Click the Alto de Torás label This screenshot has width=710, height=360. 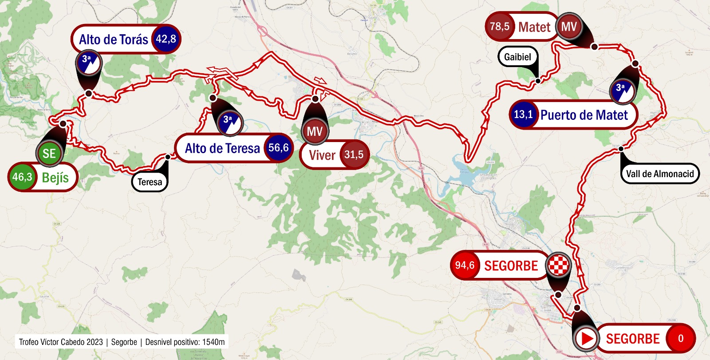[114, 40]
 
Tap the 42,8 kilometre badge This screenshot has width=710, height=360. [166, 39]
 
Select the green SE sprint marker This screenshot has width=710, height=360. [49, 153]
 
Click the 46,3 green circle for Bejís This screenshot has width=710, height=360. [22, 177]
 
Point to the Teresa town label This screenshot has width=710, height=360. [150, 182]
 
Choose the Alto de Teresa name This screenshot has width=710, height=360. [222, 148]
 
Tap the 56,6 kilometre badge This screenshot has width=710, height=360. [278, 148]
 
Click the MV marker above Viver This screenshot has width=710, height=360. [315, 131]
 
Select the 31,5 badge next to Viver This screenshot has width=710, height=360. [354, 154]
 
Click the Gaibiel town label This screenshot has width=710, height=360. [517, 57]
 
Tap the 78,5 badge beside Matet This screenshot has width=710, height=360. [499, 27]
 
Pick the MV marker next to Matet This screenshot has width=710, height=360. [568, 27]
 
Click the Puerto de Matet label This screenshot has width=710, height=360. [584, 115]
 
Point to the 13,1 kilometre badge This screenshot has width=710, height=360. [523, 115]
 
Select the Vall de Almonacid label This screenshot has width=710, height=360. [659, 174]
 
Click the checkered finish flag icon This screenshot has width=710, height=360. [558, 265]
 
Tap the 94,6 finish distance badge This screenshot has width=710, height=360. [464, 265]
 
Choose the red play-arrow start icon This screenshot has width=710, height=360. [587, 339]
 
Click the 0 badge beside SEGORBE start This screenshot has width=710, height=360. [680, 339]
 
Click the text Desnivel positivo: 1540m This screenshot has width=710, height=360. [185, 342]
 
